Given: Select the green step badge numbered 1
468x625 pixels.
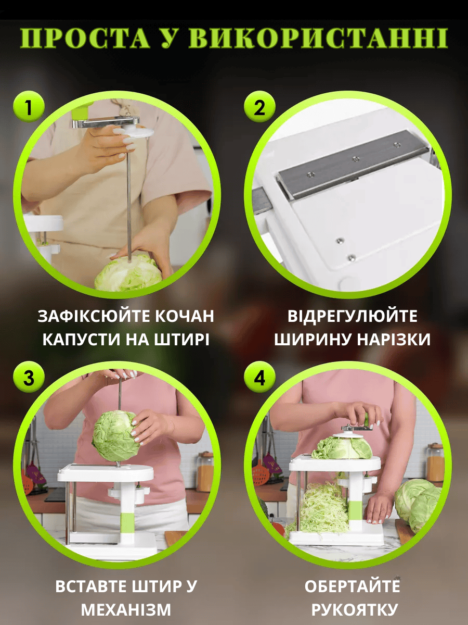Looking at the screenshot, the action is [29, 107].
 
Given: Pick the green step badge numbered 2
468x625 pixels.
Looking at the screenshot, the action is [259, 107].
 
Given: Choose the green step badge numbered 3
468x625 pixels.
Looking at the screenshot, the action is [29, 378].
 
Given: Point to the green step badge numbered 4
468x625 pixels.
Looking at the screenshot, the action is [259, 378].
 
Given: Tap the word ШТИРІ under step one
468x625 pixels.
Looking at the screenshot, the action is [182, 340].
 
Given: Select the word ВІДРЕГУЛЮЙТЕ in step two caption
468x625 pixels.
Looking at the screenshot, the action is [353, 316].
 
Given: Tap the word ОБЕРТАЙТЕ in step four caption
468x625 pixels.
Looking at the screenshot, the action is [353, 586].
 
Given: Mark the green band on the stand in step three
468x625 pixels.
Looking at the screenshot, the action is [127, 522].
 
